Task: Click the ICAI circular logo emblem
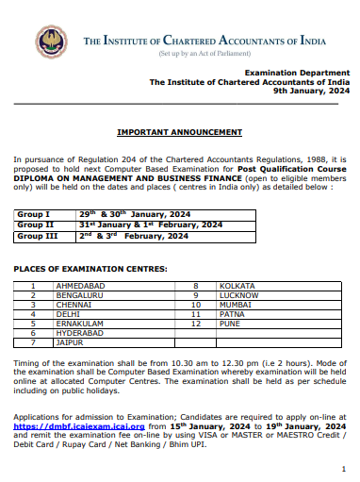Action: click(51, 41)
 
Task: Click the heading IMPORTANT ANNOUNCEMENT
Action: click(179, 132)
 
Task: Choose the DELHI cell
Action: click(71, 315)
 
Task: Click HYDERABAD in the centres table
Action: click(82, 334)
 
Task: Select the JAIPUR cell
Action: click(72, 344)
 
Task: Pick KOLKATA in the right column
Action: click(236, 284)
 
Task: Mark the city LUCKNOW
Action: click(237, 294)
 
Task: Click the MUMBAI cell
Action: click(234, 305)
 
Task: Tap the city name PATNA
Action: click(231, 315)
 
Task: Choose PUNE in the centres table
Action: click(229, 324)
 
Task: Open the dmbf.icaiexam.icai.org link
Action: click(66, 425)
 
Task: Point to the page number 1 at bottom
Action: click(343, 469)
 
